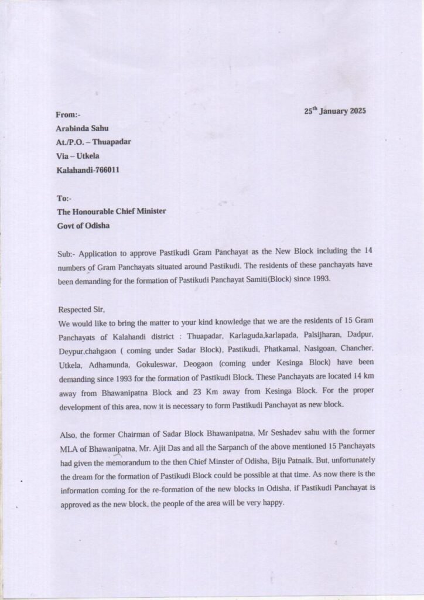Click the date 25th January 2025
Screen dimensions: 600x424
coord(335,111)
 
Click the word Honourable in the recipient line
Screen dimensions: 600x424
coord(98,212)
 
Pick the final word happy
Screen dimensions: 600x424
coord(272,502)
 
